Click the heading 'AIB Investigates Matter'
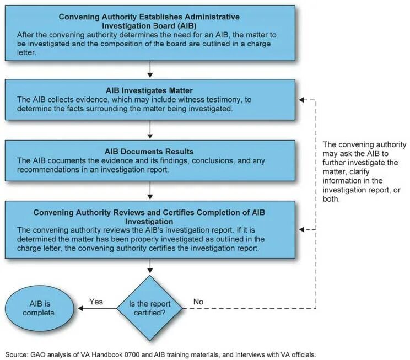[x=149, y=90]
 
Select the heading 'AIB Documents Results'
[x=149, y=151]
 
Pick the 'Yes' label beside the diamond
[x=96, y=302]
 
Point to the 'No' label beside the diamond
[x=198, y=302]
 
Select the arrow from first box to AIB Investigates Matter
[x=150, y=69]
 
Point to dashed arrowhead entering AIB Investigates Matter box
[x=301, y=100]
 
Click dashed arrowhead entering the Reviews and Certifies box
[x=301, y=229]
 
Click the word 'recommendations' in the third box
[x=49, y=170]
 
